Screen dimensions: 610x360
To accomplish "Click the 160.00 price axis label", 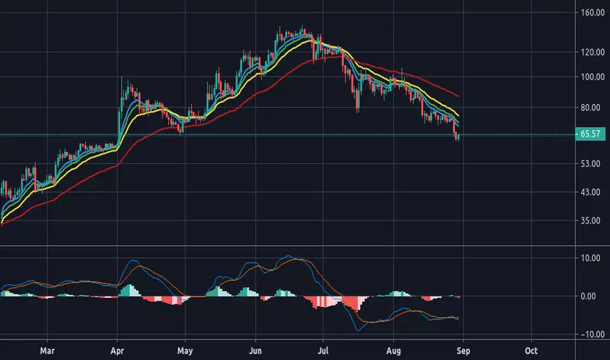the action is [592, 12].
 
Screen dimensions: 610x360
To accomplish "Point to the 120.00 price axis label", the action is [592, 52].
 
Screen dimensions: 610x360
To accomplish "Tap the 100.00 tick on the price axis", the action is [592, 77].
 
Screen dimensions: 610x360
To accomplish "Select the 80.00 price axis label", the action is [590, 107].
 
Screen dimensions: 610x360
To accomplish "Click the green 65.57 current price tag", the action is [590, 134].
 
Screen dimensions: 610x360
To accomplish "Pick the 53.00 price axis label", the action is [590, 164].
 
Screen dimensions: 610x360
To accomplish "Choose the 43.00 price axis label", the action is [590, 192].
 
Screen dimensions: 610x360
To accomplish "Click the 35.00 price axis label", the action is [590, 221].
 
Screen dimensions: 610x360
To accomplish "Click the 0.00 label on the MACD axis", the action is [588, 297].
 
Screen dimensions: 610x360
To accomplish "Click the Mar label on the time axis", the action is [47, 351].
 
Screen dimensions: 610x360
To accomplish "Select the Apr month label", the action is [117, 351].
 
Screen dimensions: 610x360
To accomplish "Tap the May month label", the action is [185, 351].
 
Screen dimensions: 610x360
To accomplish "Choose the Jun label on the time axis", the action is [255, 351].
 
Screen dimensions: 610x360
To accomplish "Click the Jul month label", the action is [323, 351].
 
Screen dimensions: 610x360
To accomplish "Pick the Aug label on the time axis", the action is [393, 351].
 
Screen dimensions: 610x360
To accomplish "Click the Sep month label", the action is [463, 351].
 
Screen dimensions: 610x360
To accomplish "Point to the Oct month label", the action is [531, 351].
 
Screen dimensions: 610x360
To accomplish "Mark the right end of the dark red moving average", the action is [458, 96].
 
